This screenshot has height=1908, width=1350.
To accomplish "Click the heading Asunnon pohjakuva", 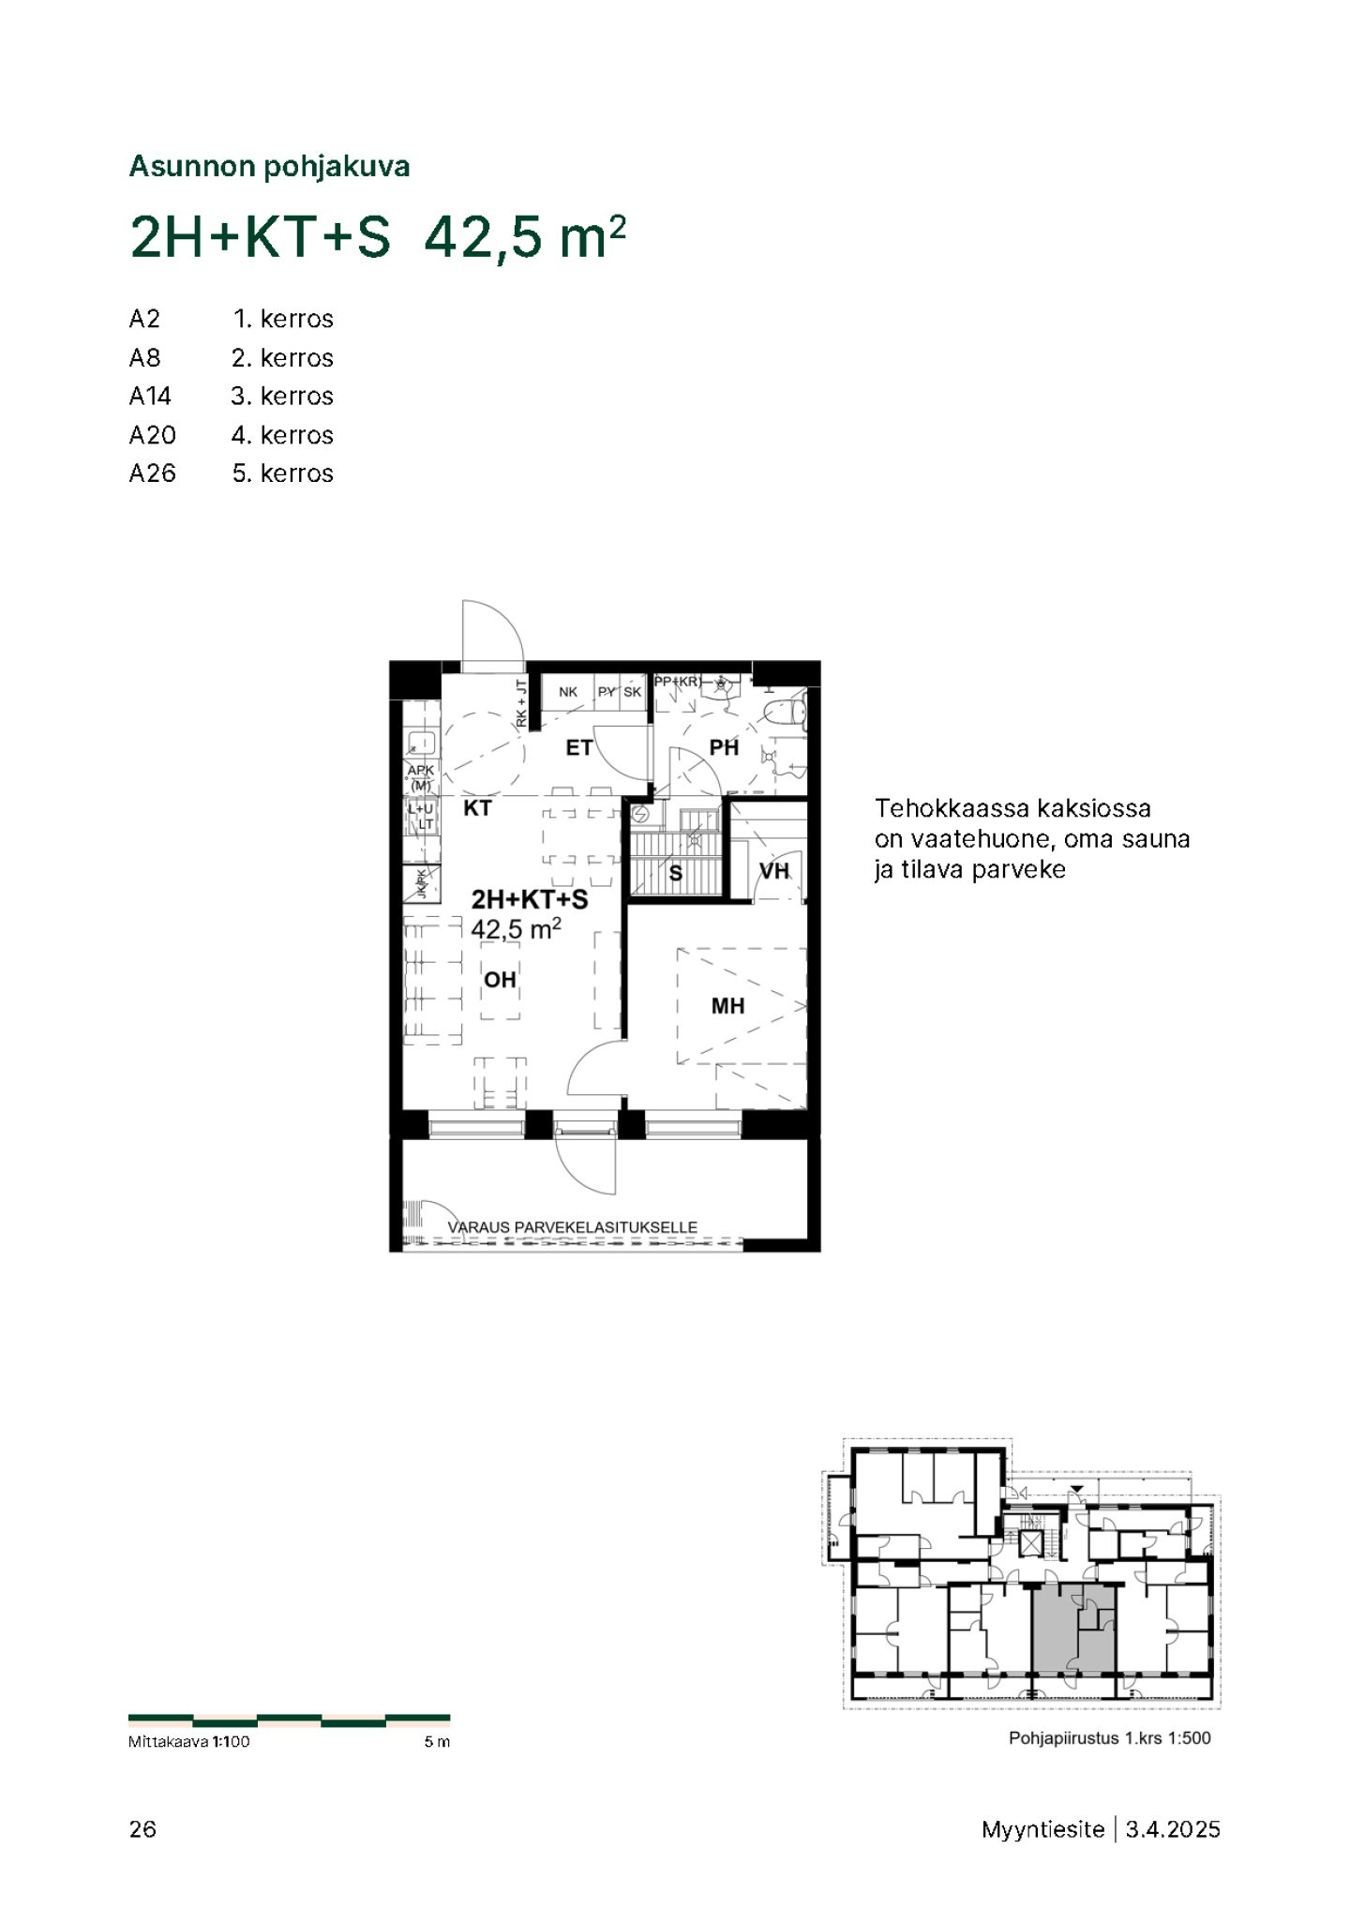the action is pos(269,167).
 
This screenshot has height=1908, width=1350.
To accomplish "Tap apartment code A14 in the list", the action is pos(150,397).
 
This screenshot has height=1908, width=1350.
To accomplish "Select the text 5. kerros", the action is pos(282,473).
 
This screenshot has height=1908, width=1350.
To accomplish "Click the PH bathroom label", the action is pos(724,747).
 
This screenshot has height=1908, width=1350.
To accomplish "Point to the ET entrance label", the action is pos(579,747).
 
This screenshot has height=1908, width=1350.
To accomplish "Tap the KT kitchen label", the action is pos(478,807).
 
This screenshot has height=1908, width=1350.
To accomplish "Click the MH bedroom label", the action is pos(727,1006).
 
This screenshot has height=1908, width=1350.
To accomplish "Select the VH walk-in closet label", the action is pos(774,871).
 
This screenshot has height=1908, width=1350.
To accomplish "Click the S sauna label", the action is pos(675,874).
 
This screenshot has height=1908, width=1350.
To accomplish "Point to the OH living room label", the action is pos(500,980).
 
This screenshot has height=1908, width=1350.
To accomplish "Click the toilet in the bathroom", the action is pos(786,713).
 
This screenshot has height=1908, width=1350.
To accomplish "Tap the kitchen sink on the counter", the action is pos(419,744).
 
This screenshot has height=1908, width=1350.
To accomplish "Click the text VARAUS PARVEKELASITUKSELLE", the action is pos(572,1226).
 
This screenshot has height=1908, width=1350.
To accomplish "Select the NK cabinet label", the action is pos(568,692).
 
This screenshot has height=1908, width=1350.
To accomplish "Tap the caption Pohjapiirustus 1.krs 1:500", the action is pos(1110,1737).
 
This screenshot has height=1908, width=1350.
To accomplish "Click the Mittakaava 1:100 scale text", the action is pos(189,1742).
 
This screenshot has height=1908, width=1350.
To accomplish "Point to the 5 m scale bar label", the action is pos(437,1742).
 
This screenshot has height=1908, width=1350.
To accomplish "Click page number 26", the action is pos(142,1828).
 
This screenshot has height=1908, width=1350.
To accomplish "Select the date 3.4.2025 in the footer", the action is pos(1173,1829).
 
